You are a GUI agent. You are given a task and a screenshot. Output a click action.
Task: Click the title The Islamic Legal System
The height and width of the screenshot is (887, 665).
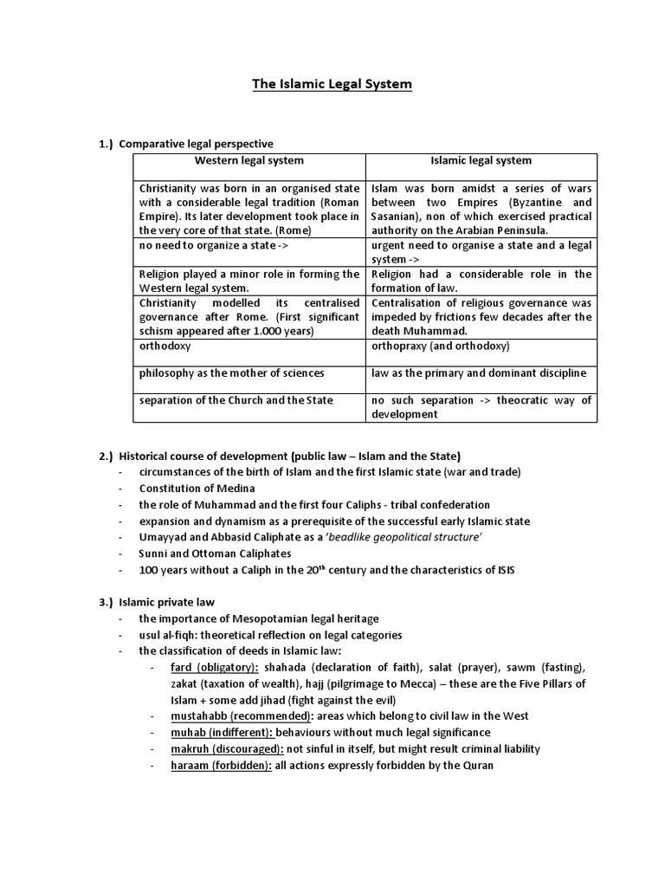(332, 84)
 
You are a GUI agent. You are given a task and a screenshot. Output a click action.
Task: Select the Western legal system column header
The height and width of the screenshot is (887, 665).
(249, 161)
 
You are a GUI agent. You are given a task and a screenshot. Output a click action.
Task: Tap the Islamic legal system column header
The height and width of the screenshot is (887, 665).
(481, 161)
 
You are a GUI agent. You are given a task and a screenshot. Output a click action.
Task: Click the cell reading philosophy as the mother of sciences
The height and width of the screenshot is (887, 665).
(231, 373)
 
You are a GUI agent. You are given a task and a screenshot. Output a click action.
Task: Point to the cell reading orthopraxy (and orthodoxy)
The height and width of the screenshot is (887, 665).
(441, 346)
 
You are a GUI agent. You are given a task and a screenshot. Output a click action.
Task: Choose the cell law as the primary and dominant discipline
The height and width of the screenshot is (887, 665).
(479, 373)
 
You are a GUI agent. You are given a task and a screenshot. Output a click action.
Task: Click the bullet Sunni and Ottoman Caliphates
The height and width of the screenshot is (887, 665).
(215, 554)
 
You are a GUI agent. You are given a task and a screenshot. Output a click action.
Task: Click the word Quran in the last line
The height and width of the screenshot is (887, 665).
(478, 766)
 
